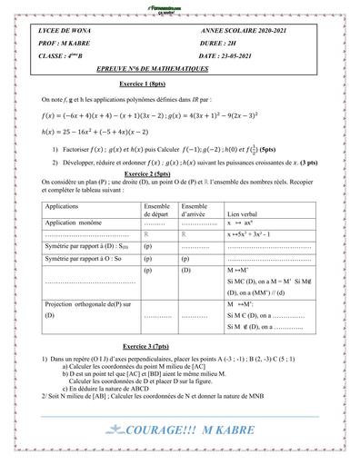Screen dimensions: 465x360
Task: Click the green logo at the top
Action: pyautogui.click(x=179, y=6)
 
